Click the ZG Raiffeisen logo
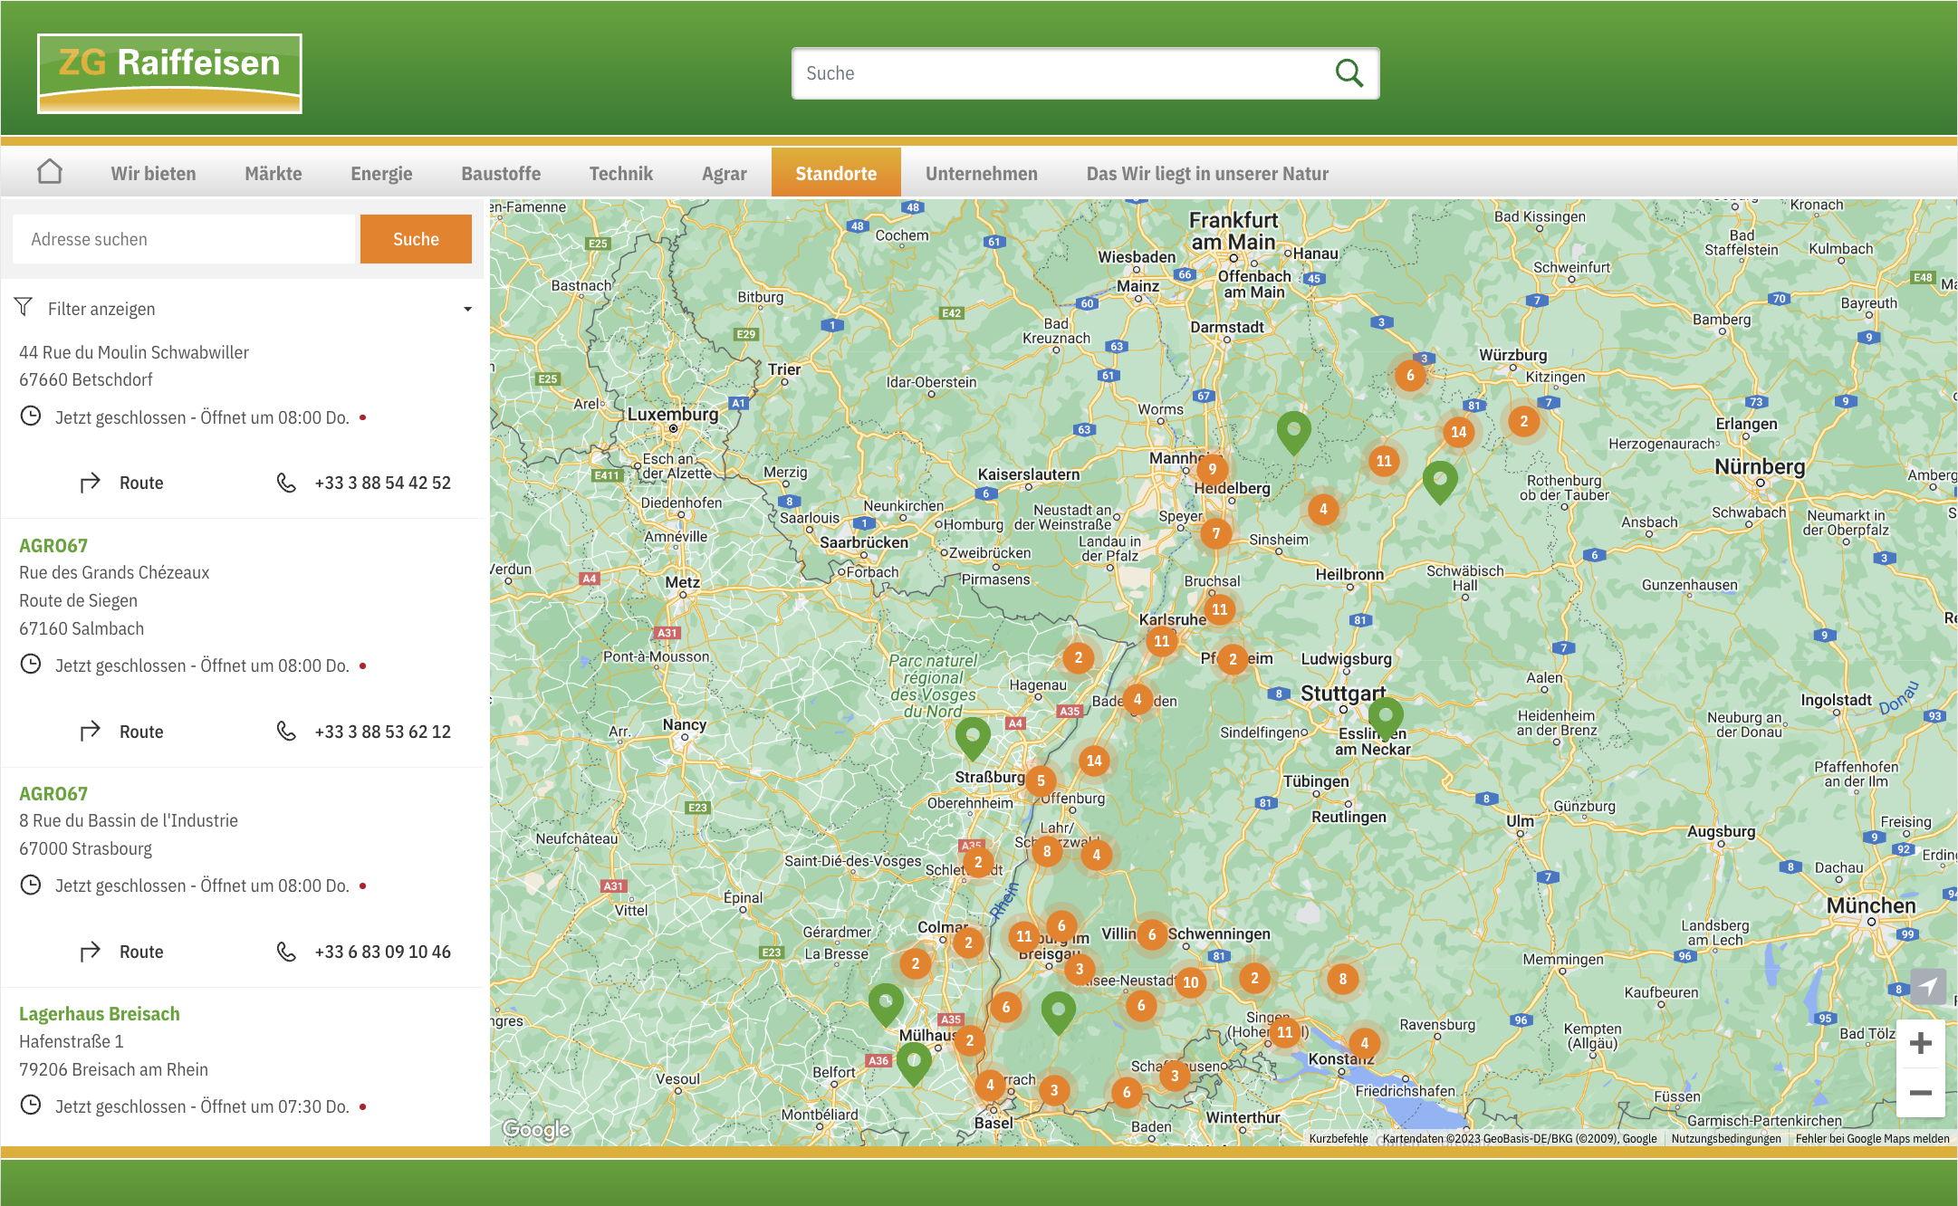click(169, 73)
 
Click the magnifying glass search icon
click(1349, 73)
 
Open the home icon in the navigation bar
click(50, 172)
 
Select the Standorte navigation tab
click(835, 173)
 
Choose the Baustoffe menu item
click(501, 173)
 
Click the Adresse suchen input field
click(186, 239)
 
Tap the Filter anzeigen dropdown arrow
click(467, 310)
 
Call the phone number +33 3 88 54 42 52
click(382, 483)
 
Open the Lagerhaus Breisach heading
click(100, 1013)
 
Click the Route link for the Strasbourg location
click(140, 952)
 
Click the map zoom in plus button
click(1920, 1043)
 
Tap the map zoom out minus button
click(1920, 1093)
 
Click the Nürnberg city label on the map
click(1759, 467)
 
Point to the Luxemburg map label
click(672, 414)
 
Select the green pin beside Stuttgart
click(1385, 717)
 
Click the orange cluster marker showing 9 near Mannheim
click(1212, 469)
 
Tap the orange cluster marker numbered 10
click(1190, 982)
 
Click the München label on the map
click(1870, 905)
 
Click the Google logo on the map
click(536, 1129)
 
